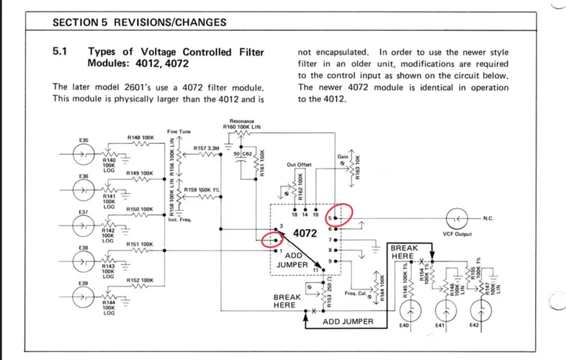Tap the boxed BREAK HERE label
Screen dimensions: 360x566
[403, 252]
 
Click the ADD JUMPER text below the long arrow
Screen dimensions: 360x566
[347, 321]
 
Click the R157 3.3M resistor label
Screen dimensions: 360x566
[206, 147]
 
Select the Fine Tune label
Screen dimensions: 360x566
[179, 132]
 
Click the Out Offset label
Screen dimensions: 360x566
[298, 164]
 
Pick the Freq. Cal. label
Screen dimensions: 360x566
[356, 293]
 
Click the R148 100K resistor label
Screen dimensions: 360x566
[140, 137]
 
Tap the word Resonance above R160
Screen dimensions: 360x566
[242, 121]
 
